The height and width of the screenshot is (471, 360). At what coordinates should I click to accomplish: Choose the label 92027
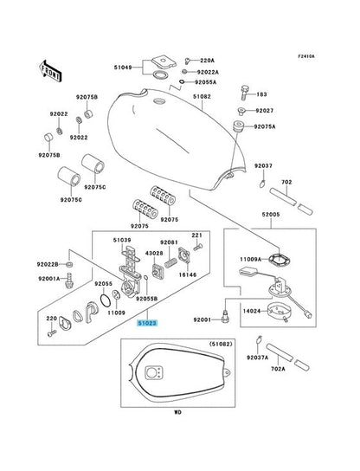pos(264,111)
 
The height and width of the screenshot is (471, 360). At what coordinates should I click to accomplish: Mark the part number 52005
pos(273,213)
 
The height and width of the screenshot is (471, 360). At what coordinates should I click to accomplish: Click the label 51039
pos(122,240)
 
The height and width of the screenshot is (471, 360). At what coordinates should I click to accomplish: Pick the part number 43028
pos(154,254)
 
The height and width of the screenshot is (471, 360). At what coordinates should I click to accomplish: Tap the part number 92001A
pos(48,278)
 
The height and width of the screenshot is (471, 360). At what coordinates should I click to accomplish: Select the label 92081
pos(170,242)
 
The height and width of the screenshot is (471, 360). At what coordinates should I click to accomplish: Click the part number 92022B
pos(48,264)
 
